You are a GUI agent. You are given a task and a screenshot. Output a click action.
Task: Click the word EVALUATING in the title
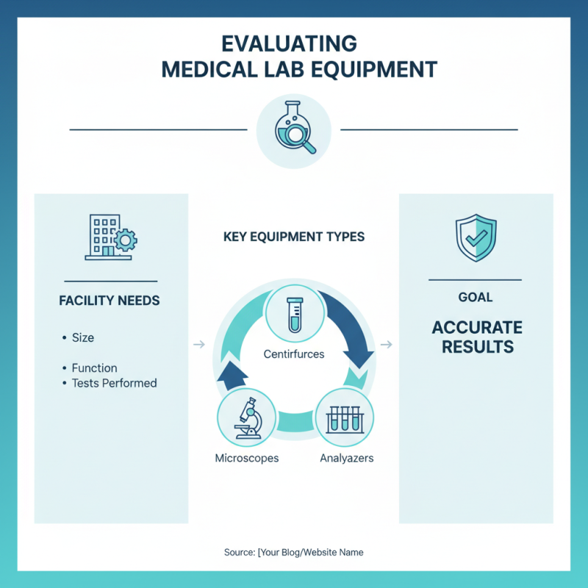click(289, 44)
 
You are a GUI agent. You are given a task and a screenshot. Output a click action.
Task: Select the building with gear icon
click(111, 237)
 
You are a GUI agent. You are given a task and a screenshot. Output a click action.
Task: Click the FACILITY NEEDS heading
click(110, 301)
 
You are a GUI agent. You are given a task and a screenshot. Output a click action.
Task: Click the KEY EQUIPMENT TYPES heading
click(294, 237)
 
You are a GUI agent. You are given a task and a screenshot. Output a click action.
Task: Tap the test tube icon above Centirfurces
click(295, 315)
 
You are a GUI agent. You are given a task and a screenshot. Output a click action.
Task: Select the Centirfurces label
click(294, 354)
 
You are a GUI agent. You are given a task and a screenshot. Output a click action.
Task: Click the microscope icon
click(247, 417)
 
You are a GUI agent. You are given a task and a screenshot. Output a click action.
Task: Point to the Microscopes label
click(247, 458)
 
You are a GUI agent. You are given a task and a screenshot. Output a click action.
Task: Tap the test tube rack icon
click(345, 419)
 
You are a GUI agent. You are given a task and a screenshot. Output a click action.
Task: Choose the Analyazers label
click(347, 458)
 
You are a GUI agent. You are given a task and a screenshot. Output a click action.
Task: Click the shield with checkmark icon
click(476, 237)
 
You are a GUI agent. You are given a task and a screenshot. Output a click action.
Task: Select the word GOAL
click(476, 298)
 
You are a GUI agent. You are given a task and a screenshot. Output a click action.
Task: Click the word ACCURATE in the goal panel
click(477, 327)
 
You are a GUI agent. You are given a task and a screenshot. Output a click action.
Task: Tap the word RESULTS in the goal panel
click(478, 346)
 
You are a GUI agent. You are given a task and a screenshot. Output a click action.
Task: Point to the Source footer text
click(293, 552)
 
